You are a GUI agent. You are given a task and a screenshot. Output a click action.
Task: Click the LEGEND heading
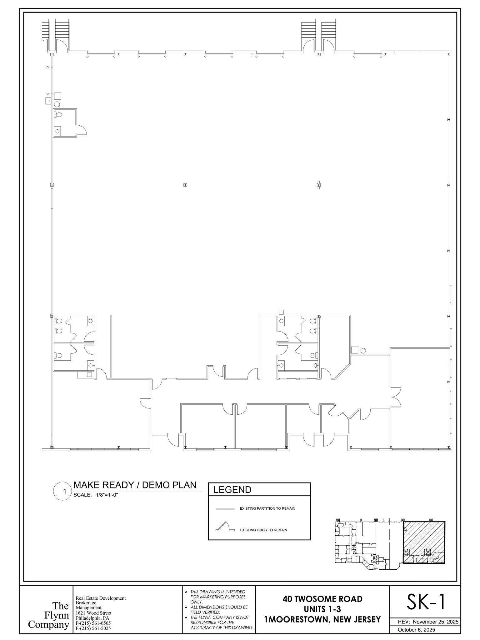[x=232, y=490]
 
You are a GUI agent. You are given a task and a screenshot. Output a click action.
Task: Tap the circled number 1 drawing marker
[x=65, y=491]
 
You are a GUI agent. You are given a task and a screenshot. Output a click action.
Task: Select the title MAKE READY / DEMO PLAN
[x=135, y=485]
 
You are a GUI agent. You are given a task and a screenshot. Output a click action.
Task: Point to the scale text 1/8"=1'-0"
[x=107, y=495]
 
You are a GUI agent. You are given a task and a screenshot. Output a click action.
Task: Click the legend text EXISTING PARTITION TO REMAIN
[x=267, y=508]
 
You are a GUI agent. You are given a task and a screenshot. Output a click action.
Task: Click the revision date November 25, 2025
[x=436, y=622]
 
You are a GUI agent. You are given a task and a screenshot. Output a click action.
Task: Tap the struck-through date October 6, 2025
[x=416, y=630]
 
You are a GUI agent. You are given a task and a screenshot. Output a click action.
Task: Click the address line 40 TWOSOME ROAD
[x=322, y=599]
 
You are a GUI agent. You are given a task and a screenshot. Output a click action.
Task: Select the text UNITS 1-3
[x=322, y=609]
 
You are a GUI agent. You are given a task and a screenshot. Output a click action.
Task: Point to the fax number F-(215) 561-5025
[x=93, y=628]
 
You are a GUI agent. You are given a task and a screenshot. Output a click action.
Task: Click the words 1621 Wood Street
[x=93, y=613]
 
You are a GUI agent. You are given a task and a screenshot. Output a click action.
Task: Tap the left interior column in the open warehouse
[x=185, y=185]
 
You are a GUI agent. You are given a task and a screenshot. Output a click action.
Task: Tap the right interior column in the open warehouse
[x=318, y=185]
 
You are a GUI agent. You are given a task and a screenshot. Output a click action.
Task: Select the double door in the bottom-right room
[x=396, y=397]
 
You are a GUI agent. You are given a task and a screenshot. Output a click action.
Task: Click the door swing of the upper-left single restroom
[x=82, y=129]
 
